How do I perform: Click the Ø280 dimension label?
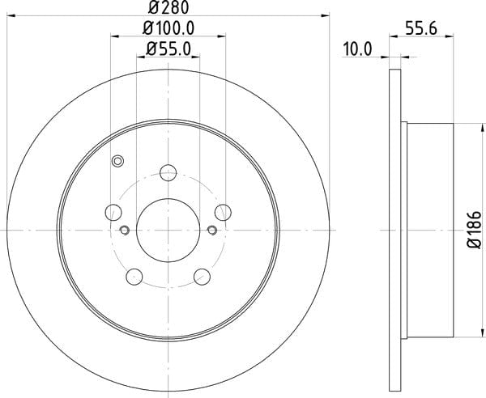168,7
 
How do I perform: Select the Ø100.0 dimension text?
168,28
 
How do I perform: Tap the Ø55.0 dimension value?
168,49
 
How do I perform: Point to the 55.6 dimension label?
421,29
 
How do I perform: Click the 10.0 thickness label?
357,49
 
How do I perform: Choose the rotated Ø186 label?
474,230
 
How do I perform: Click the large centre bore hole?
168,231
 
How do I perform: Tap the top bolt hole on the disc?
168,172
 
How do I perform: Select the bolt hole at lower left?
134,277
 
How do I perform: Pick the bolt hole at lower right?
202,277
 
